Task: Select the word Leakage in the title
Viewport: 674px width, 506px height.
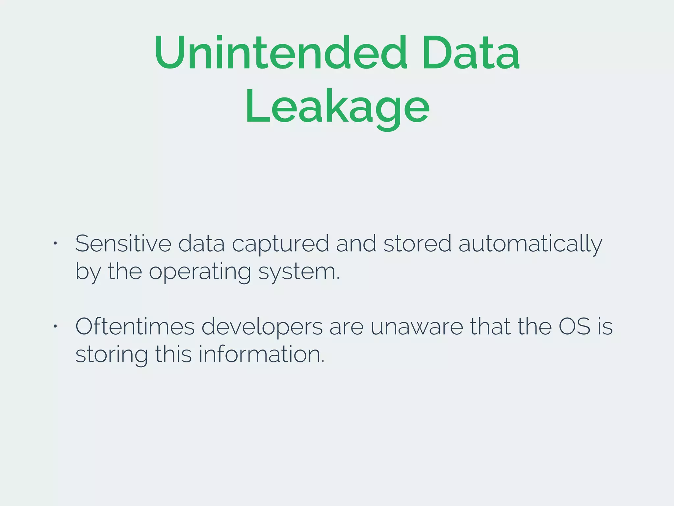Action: [x=337, y=107]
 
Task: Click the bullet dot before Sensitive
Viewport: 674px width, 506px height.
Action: [x=55, y=243]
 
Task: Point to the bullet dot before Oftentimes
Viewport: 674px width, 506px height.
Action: [x=55, y=326]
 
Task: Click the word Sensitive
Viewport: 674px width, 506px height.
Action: [x=123, y=244]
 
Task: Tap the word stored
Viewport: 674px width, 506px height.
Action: [x=417, y=244]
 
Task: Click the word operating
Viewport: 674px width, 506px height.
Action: [x=200, y=272]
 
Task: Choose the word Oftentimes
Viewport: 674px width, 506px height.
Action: [x=135, y=327]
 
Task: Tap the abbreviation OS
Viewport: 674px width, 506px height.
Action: [x=575, y=327]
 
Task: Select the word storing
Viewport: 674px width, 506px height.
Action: [x=112, y=355]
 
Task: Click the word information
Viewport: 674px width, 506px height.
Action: [x=262, y=354]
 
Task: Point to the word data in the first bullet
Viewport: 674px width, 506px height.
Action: [x=201, y=244]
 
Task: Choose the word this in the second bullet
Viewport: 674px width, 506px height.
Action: [x=173, y=354]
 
